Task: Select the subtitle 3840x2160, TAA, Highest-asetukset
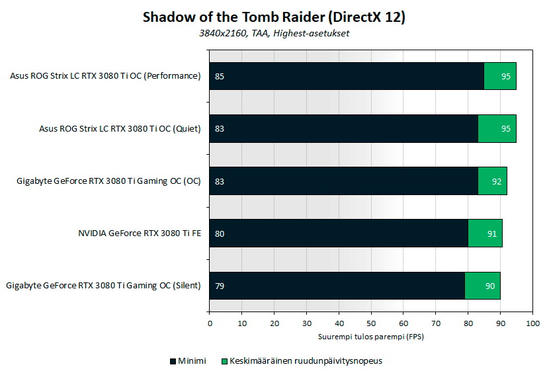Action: pos(274,33)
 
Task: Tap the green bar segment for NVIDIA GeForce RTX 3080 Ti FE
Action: pos(486,233)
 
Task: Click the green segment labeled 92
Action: pos(492,181)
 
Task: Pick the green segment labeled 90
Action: pos(482,286)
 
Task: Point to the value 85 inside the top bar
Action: pos(220,76)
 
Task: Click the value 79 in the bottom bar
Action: pos(220,286)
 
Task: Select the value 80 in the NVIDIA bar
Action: pos(220,233)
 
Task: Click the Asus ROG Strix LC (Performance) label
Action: pos(105,76)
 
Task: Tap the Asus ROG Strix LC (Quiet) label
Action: pos(120,128)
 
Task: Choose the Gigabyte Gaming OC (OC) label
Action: pos(108,181)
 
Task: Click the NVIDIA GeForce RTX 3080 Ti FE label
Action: pos(140,233)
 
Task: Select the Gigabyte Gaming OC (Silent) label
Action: pos(103,286)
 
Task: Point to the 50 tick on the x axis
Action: pos(371,323)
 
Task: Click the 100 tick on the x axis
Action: pos(532,323)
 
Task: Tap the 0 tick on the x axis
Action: pos(210,323)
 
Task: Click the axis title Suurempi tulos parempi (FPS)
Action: pos(371,337)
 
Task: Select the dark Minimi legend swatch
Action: pos(173,361)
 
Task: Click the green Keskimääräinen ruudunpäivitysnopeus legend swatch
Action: pos(225,361)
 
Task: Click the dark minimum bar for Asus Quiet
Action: pos(343,128)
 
